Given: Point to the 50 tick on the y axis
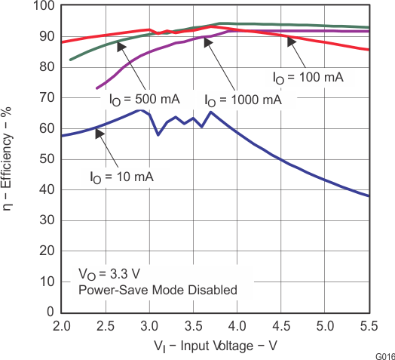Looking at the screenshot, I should pos(47,158).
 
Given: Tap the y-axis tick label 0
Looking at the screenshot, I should pos(51,312).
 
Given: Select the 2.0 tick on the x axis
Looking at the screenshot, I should pos(62,326).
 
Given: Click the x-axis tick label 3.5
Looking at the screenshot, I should pos(194,326).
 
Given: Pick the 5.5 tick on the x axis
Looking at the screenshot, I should pos(369,326).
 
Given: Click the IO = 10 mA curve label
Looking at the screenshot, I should pos(121,177).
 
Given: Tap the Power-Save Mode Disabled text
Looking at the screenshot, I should pos(158,290).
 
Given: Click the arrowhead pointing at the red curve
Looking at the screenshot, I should pos(290,42).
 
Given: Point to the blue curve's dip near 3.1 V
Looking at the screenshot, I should pos(158,134).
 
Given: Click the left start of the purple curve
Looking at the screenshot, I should pos(97,88).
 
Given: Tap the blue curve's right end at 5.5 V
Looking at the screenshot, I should pos(369,196).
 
